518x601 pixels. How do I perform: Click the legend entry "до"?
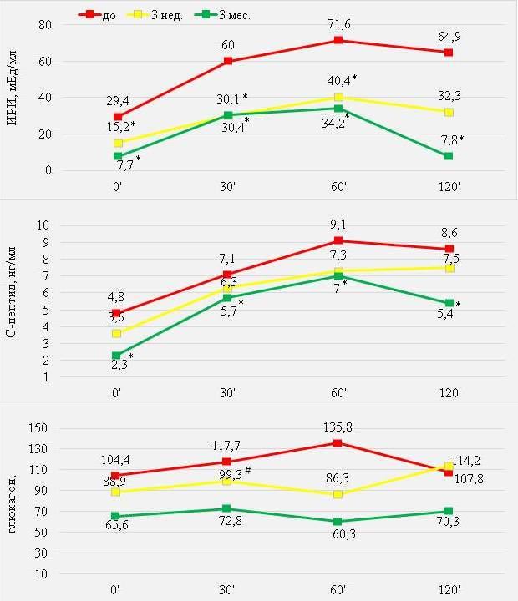[x=108, y=14]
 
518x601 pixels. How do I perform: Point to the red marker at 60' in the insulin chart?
[x=338, y=41]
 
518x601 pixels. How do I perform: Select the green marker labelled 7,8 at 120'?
[x=449, y=156]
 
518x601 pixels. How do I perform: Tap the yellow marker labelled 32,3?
[x=449, y=112]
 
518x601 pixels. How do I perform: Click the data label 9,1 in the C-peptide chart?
[x=338, y=224]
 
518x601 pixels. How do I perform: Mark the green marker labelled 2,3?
[x=118, y=356]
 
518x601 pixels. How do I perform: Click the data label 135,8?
[x=338, y=427]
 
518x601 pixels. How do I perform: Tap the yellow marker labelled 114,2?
[x=449, y=466]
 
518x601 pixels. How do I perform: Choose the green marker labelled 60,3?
[x=338, y=522]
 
